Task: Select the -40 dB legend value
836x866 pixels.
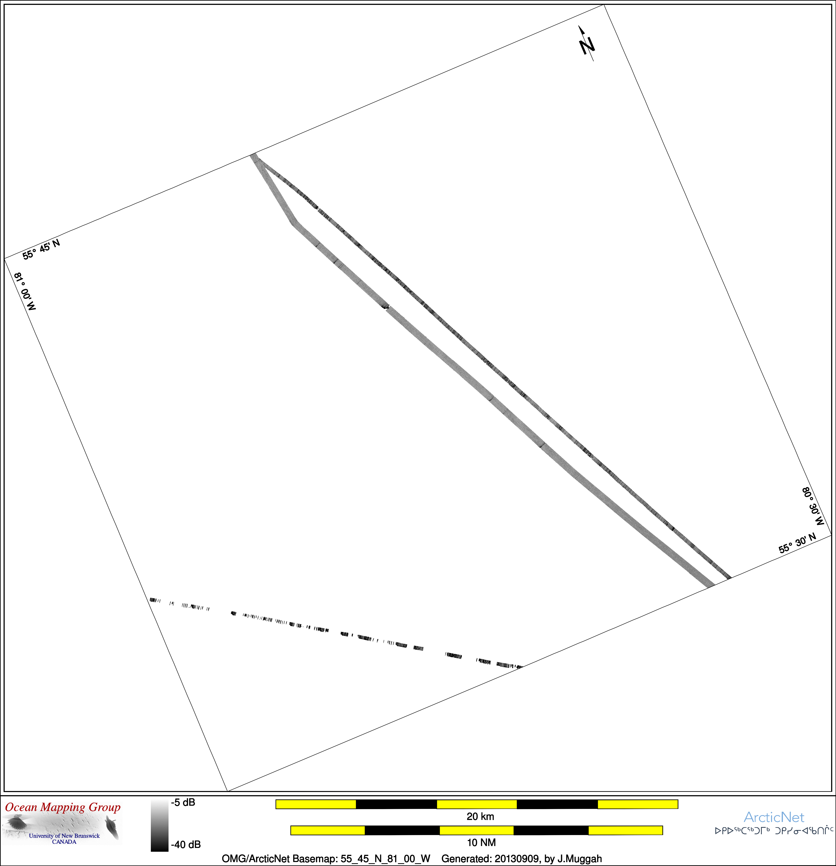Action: (186, 844)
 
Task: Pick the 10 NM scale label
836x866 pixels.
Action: (481, 843)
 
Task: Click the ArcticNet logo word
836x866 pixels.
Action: (774, 817)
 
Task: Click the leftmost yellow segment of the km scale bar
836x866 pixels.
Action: (316, 804)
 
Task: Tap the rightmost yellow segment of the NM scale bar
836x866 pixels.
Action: (626, 830)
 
